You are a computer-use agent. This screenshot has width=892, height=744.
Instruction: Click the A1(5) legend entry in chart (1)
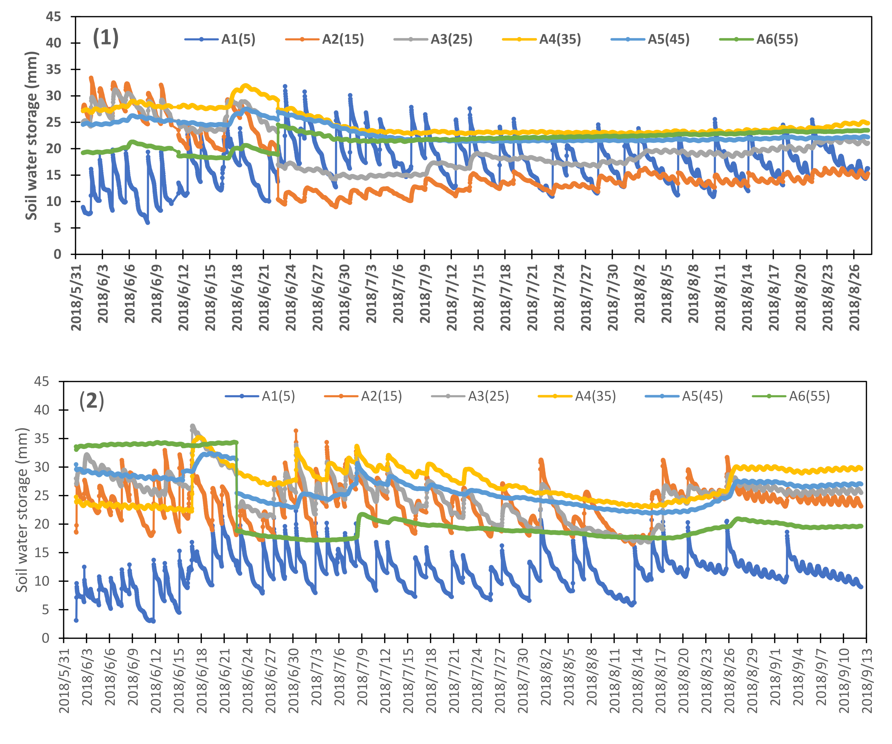pos(220,39)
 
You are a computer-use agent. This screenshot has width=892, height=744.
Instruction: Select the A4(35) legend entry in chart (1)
pos(542,39)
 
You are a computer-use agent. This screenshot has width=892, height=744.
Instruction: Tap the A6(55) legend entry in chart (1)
pos(759,39)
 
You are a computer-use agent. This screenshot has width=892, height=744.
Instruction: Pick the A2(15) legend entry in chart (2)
pos(363,396)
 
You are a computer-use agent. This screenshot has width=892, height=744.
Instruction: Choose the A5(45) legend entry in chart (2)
pos(684,396)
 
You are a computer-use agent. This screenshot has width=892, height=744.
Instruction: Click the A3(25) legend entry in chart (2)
pos(470,396)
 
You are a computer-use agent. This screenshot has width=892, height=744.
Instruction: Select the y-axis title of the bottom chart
pos(22,510)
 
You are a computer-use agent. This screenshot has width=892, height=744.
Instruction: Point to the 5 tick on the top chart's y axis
pos(58,228)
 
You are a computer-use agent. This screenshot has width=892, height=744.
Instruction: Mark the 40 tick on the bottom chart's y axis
pos(42,410)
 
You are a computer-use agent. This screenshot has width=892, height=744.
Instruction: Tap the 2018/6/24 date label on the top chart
pos(291,297)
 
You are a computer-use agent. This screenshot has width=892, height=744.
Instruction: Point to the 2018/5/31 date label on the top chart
pos(76,297)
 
